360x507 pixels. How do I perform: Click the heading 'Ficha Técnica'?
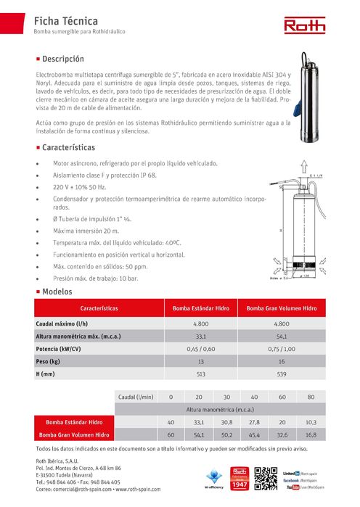(65, 22)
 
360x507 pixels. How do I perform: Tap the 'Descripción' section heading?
(63, 58)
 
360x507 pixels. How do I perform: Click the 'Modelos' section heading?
(57, 291)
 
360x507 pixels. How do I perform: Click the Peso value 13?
(201, 360)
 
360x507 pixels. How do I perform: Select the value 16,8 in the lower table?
(311, 435)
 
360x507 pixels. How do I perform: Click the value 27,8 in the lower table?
(254, 422)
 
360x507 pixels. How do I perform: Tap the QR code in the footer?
(266, 479)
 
